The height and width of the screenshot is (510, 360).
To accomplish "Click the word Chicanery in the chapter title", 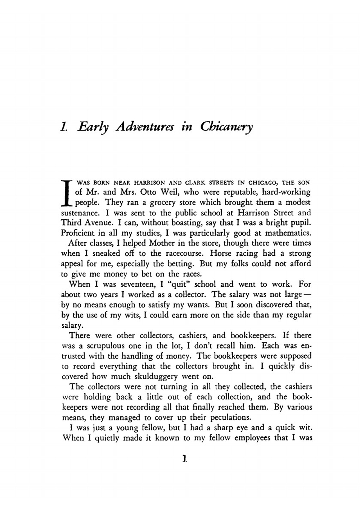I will pyautogui.click(x=226, y=127).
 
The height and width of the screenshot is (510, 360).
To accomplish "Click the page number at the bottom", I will pyautogui.click(x=184, y=459).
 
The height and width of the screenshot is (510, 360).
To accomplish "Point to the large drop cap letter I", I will pyautogui.click(x=66, y=192).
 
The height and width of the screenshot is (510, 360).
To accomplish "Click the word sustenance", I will pyautogui.click(x=78, y=213).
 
